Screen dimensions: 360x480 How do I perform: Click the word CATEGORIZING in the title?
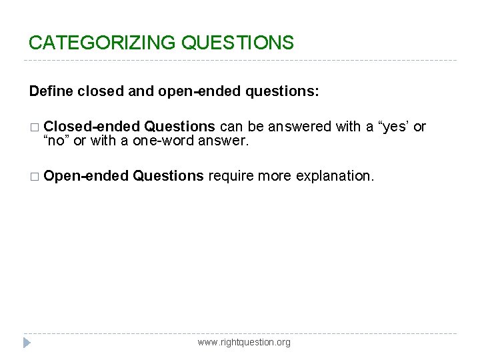click(102, 43)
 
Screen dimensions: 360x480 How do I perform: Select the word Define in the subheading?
click(51, 91)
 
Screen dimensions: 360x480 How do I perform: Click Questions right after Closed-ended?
click(179, 127)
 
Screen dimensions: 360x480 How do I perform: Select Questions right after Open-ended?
click(168, 176)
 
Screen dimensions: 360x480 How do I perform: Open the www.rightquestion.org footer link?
click(244, 342)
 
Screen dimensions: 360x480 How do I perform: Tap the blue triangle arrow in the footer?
click(26, 343)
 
